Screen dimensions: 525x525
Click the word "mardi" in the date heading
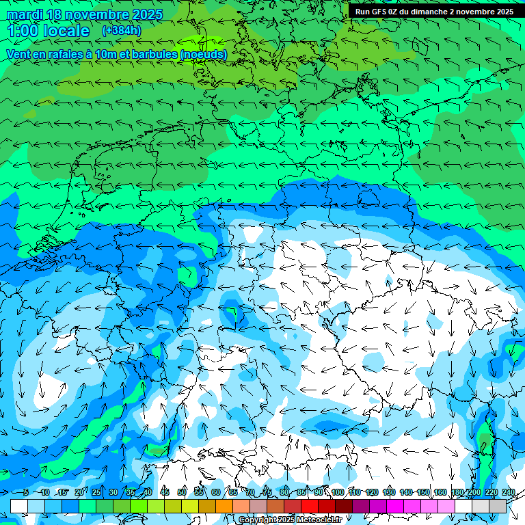pyautogui.click(x=25, y=14)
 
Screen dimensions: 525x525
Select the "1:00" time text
pyautogui.click(x=22, y=31)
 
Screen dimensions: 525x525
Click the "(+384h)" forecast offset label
pyautogui.click(x=122, y=31)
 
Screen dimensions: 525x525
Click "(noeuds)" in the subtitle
pyautogui.click(x=204, y=54)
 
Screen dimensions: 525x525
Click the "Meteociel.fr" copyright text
pyautogui.click(x=319, y=520)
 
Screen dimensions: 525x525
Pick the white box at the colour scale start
pyautogui.click(x=19, y=507)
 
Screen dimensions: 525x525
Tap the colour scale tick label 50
pyautogui.click(x=182, y=493)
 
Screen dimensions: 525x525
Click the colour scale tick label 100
pyautogui.click(x=338, y=493)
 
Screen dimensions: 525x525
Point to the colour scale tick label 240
pyautogui.click(x=509, y=493)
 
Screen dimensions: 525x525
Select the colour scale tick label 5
pyautogui.click(x=26, y=493)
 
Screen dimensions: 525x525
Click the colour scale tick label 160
pyautogui.click(x=440, y=493)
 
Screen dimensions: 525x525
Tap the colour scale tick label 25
pyautogui.click(x=96, y=493)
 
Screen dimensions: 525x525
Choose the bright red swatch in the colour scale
pyautogui.click(x=310, y=507)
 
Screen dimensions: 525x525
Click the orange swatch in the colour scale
pyautogui.click(x=224, y=507)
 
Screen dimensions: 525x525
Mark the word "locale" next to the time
pyautogui.click(x=66, y=31)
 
